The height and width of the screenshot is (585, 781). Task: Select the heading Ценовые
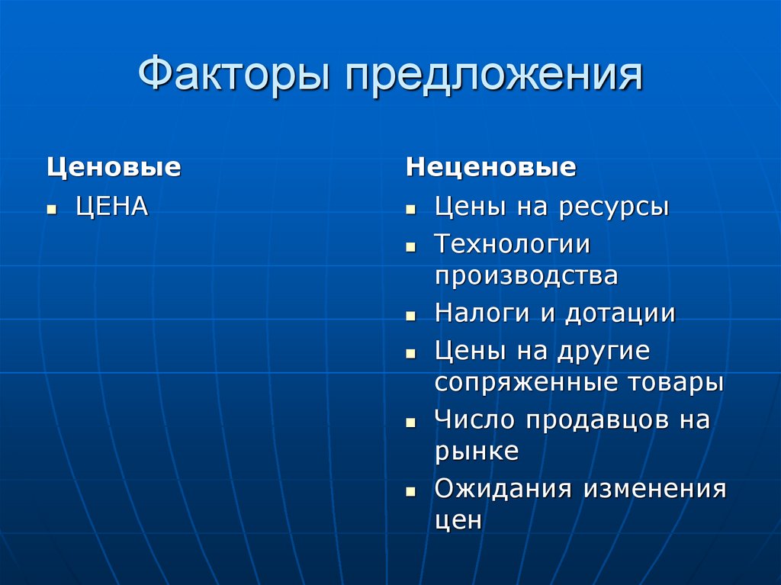coord(114,167)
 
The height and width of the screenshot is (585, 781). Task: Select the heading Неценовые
coord(490,167)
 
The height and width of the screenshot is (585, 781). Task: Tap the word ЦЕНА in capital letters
coord(111,206)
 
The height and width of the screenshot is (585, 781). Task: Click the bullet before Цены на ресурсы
coord(410,208)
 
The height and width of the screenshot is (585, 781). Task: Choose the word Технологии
coord(513,244)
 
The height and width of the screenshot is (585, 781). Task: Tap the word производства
coord(526,275)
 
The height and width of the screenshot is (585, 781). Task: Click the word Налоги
coord(483,313)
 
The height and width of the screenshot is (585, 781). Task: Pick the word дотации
coord(620,313)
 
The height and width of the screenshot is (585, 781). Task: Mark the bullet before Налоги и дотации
coord(410,314)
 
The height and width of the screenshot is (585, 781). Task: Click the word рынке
coord(477,451)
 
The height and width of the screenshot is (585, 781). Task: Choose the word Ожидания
coord(503,489)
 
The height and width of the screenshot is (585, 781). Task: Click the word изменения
coord(655,489)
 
